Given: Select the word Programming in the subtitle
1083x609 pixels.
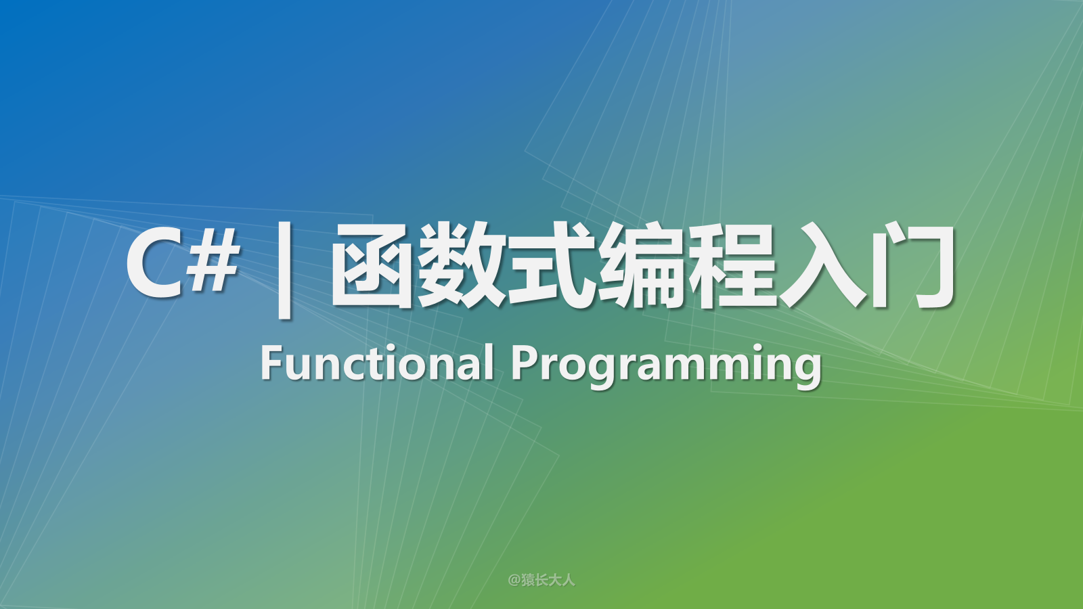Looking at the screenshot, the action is coord(666,367).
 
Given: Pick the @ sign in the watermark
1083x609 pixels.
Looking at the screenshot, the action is coord(514,580).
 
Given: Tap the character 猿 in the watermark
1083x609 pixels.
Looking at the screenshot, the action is coord(528,580).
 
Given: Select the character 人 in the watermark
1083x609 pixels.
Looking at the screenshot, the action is coord(569,580).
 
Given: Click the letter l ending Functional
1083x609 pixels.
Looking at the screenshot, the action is coord(490,361).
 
